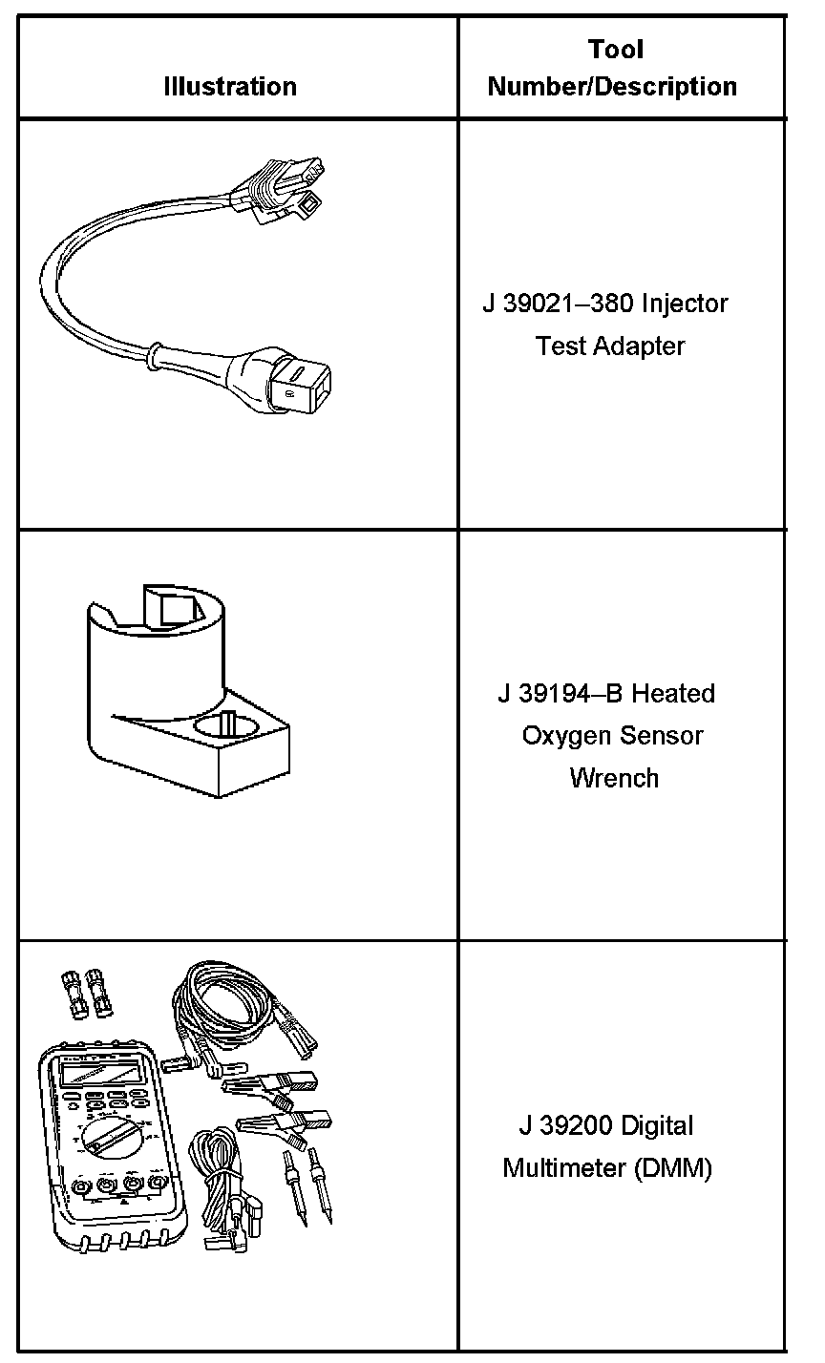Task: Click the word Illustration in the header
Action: coord(229,87)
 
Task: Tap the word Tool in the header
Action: coord(616,50)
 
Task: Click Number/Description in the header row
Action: coord(612,87)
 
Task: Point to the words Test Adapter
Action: coord(611,346)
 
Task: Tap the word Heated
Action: coord(673,693)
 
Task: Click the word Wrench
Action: coord(614,778)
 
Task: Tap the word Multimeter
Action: coord(564,1168)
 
